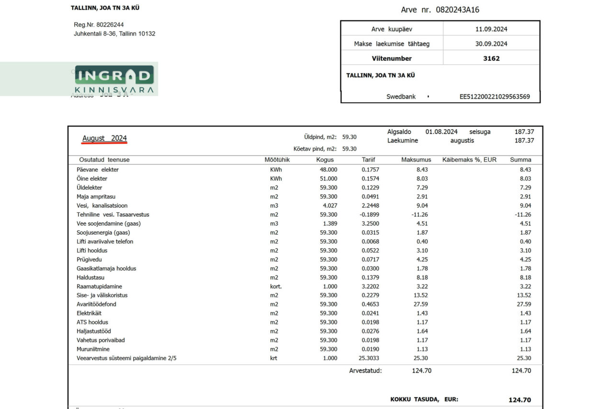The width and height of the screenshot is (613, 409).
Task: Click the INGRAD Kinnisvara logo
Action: pyautogui.click(x=114, y=79)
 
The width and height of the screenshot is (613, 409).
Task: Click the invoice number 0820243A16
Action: pyautogui.click(x=457, y=10)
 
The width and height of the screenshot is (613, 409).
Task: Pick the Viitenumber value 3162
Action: pyautogui.click(x=491, y=58)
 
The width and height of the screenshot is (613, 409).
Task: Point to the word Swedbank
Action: pyautogui.click(x=401, y=96)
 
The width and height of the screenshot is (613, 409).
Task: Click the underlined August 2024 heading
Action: pyautogui.click(x=104, y=138)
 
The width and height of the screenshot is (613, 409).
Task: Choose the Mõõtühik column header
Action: pyautogui.click(x=277, y=160)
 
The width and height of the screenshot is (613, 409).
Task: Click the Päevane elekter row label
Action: pyautogui.click(x=98, y=169)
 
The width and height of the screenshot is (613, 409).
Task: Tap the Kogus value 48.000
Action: pyautogui.click(x=329, y=169)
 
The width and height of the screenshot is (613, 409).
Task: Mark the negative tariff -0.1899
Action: pyautogui.click(x=369, y=214)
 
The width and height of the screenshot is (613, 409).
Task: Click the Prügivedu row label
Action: pyautogui.click(x=89, y=259)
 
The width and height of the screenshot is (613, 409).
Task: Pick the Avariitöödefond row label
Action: pyautogui.click(x=96, y=304)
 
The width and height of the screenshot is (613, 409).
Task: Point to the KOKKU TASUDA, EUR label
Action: pyautogui.click(x=424, y=399)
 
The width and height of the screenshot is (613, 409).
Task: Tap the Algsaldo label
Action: pyautogui.click(x=399, y=132)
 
